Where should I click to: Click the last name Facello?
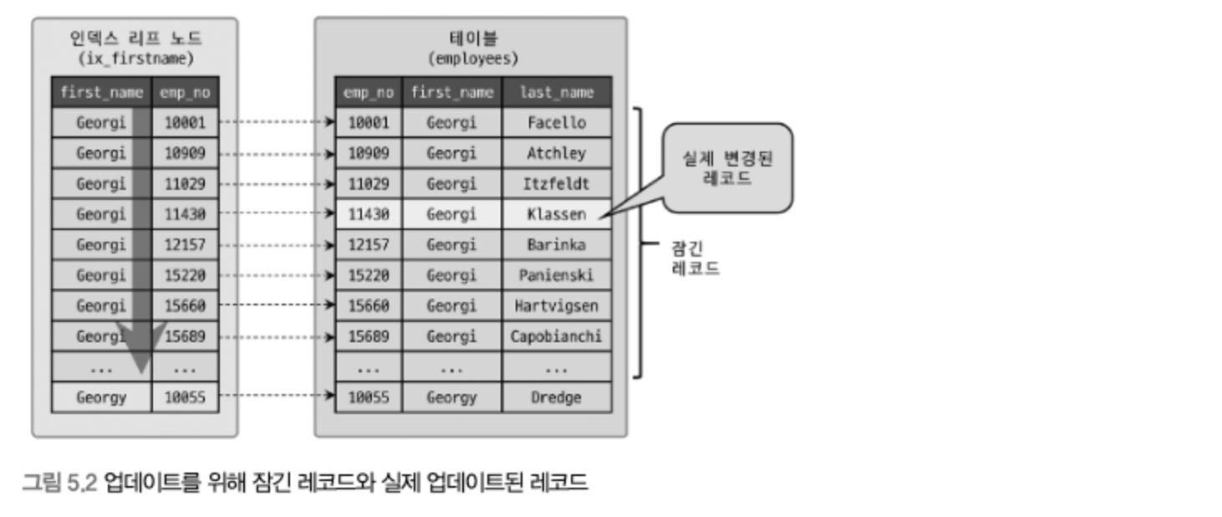click(x=557, y=123)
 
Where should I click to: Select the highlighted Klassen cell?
click(x=557, y=214)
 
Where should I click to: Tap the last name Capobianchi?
click(x=557, y=336)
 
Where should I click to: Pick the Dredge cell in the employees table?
click(x=557, y=397)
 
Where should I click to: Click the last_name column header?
click(x=557, y=92)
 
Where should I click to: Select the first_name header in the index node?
click(x=101, y=92)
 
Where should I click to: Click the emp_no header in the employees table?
click(x=369, y=92)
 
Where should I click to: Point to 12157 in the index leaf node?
click(x=185, y=244)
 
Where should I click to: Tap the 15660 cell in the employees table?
click(x=369, y=305)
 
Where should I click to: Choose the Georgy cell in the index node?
click(x=101, y=397)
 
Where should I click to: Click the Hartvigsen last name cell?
click(x=557, y=305)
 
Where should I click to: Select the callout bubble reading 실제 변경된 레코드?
click(x=728, y=168)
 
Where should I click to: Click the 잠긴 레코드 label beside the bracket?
click(x=695, y=258)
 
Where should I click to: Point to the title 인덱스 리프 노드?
click(x=136, y=38)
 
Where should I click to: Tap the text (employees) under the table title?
click(x=473, y=59)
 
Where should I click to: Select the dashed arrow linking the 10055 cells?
click(x=277, y=395)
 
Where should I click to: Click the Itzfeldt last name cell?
click(x=557, y=184)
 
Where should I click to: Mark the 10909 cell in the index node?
click(x=185, y=153)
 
